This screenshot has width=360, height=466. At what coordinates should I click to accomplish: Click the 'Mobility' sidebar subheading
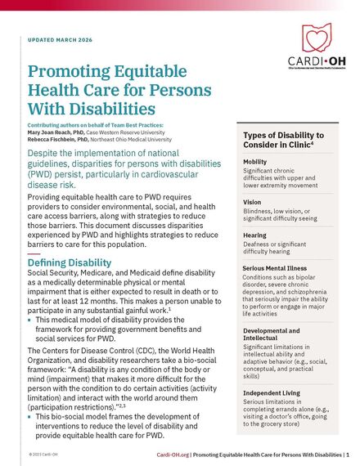pyautogui.click(x=254, y=162)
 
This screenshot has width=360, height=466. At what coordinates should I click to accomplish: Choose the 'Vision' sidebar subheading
pyautogui.click(x=252, y=201)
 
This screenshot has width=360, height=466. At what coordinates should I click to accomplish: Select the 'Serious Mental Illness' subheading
pyautogui.click(x=276, y=267)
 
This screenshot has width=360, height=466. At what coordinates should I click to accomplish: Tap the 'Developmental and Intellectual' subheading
pyautogui.click(x=270, y=334)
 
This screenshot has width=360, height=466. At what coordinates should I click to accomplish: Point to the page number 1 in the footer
pyautogui.click(x=347, y=455)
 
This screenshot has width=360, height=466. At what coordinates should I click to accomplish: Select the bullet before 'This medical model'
pyautogui.click(x=30, y=320)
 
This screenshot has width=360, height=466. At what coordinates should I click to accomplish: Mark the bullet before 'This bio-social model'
pyautogui.click(x=30, y=415)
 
